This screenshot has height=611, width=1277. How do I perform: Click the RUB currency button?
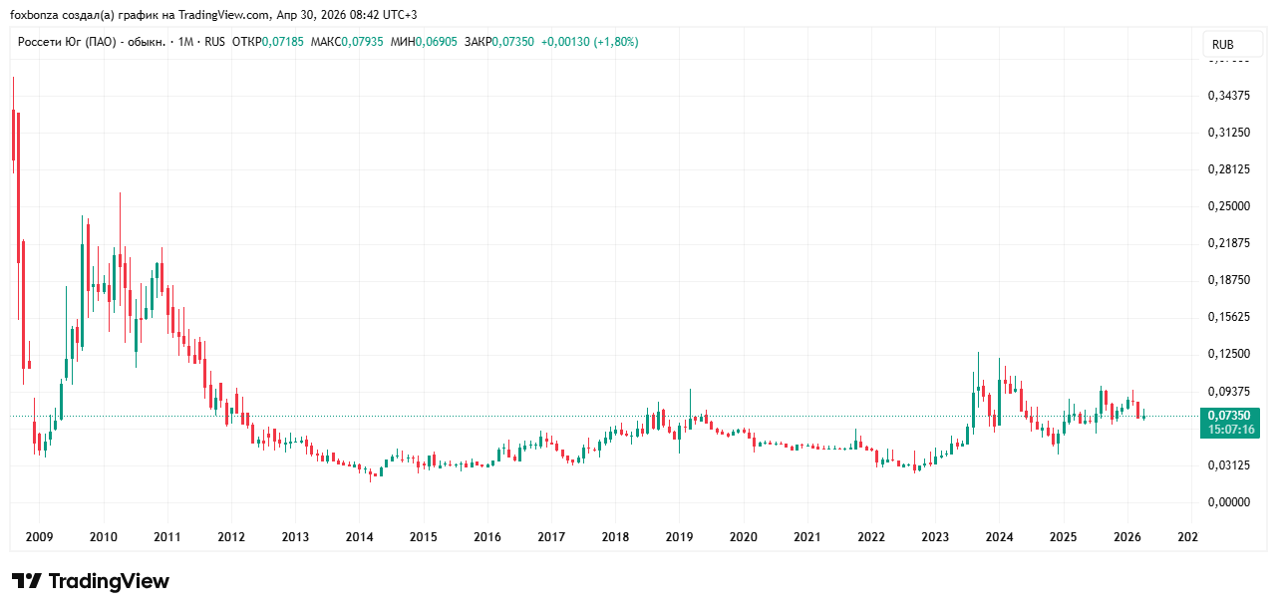click(x=1222, y=45)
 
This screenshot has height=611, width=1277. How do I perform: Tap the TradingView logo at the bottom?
click(x=91, y=581)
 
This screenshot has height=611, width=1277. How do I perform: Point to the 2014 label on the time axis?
click(x=359, y=537)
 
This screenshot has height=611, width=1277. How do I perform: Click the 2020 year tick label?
click(x=743, y=537)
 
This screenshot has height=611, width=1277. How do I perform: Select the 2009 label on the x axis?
click(x=39, y=537)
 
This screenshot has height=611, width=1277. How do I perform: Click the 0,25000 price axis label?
click(x=1228, y=206)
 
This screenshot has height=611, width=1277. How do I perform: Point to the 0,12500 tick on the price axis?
click(x=1228, y=354)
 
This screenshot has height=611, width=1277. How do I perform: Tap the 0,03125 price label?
click(x=1228, y=465)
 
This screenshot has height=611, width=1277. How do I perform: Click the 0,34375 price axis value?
click(x=1228, y=96)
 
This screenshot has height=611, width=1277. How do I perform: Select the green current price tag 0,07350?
click(x=1228, y=416)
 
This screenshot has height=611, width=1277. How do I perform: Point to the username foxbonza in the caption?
click(x=36, y=15)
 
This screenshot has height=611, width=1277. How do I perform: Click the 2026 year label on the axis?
click(x=1126, y=537)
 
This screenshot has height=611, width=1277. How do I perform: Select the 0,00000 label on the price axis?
click(x=1228, y=502)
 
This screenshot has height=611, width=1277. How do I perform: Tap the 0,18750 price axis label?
click(x=1228, y=280)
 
